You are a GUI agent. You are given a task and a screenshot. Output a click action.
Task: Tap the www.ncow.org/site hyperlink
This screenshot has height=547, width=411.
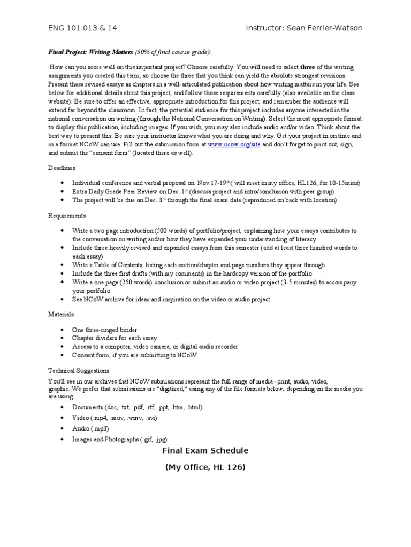tap(234, 144)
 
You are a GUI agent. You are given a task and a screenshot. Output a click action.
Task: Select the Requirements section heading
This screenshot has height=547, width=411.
tap(66, 215)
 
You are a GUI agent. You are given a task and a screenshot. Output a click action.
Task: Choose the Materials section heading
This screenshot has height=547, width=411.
tap(61, 315)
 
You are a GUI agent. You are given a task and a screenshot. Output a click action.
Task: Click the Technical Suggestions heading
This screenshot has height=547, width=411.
tap(79, 370)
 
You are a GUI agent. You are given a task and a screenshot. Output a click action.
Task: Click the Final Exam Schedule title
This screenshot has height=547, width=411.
tap(205, 450)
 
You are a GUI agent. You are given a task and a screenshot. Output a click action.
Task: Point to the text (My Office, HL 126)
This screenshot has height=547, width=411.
tap(205, 467)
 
